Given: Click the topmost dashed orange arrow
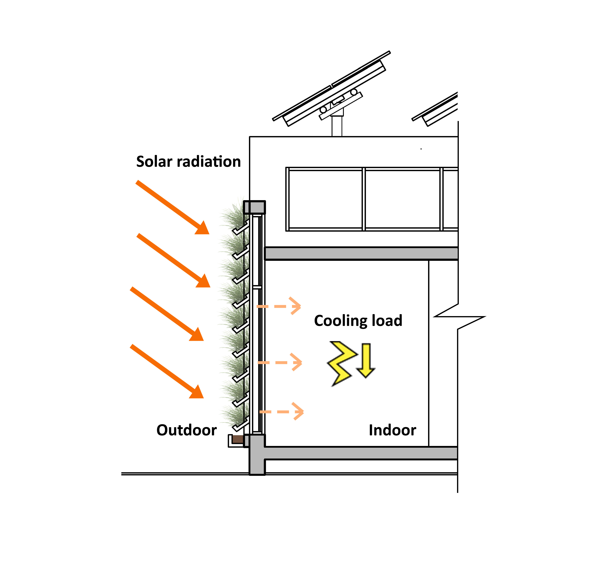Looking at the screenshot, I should [x=279, y=306].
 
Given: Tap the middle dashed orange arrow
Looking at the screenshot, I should [x=280, y=362].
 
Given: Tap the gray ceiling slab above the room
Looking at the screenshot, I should [x=360, y=253].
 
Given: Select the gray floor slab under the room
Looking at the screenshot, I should [x=360, y=453].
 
